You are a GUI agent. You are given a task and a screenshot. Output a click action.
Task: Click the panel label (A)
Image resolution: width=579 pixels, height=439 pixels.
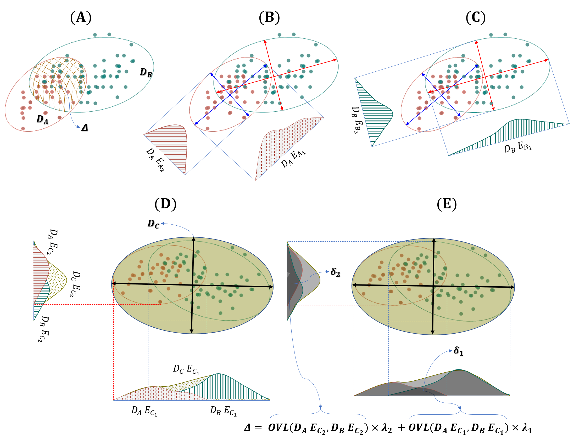pos(81,18)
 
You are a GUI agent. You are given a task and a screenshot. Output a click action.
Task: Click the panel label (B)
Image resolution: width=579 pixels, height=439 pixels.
pos(269,18)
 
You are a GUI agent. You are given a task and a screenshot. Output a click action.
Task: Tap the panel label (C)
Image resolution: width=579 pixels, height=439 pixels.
pos(476,18)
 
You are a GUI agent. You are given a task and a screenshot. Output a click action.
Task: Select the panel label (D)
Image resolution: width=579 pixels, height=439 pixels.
pos(165,204)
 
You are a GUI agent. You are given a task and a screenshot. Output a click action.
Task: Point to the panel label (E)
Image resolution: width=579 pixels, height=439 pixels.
pos(447,204)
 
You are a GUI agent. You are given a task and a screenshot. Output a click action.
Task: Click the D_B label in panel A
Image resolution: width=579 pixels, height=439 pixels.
pos(146,72)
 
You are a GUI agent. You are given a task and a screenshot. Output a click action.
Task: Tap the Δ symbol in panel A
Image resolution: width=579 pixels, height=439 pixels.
pos(85,128)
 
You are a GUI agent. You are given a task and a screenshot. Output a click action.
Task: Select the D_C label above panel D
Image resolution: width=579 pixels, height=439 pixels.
pos(153,224)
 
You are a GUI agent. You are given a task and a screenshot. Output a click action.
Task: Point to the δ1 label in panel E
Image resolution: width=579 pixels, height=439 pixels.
pos(458,351)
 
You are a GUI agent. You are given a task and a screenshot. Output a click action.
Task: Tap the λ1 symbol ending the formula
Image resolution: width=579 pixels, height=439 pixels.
pos(527,428)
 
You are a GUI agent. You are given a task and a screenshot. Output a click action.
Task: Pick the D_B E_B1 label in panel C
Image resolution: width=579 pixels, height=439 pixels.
pos(518,147)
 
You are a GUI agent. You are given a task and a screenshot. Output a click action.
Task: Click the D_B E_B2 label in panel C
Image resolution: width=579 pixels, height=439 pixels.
pos(357,120)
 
